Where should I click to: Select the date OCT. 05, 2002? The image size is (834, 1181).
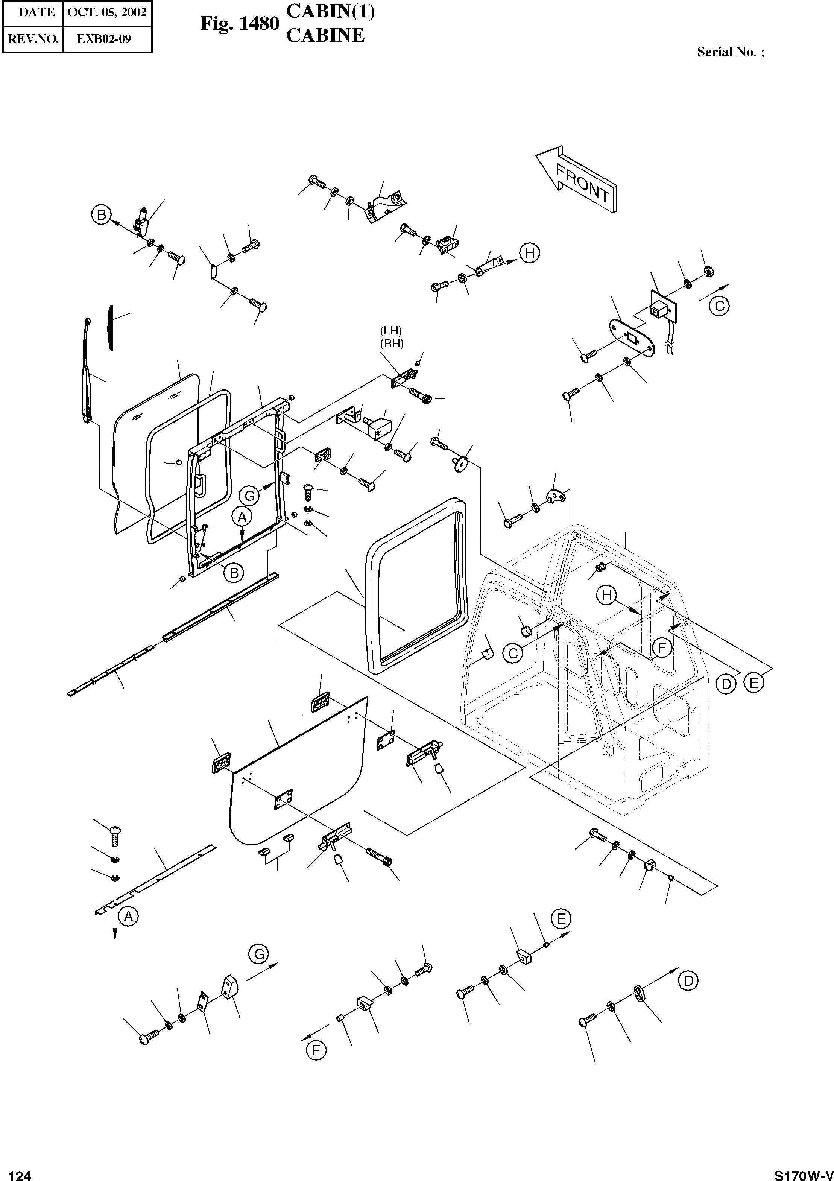(x=107, y=12)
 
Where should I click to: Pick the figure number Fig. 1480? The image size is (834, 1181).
(x=240, y=24)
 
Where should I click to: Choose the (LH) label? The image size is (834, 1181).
(x=391, y=330)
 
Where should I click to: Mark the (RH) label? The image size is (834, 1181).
(x=392, y=344)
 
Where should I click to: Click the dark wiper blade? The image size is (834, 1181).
(x=111, y=327)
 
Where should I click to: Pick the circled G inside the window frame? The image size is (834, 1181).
(x=250, y=496)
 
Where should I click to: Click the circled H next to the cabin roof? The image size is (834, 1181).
(x=607, y=596)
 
